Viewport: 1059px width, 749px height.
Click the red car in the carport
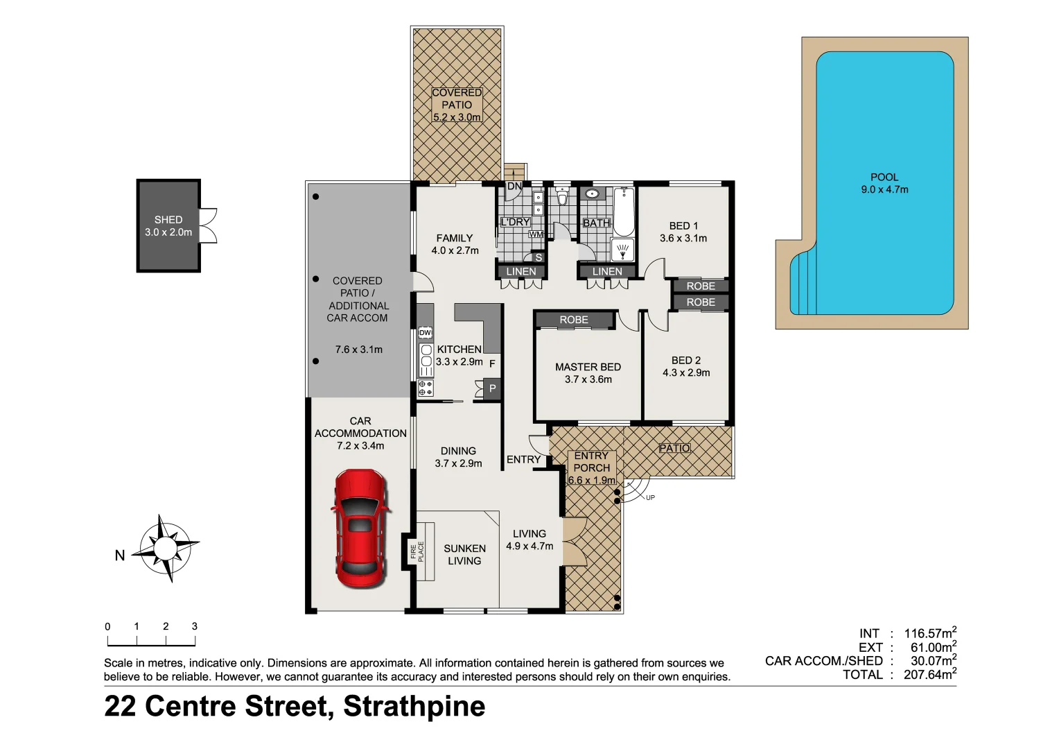click(359, 528)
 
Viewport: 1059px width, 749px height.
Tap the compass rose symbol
click(165, 548)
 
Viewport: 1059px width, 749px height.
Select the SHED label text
click(168, 220)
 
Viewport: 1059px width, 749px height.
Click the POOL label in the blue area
click(884, 177)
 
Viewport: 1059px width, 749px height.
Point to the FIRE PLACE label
click(417, 551)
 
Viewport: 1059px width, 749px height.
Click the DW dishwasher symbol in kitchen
click(425, 334)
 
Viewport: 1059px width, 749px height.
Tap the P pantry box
click(492, 388)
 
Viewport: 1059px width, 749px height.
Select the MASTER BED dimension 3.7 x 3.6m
click(588, 379)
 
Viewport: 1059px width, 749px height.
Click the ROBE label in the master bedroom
click(574, 320)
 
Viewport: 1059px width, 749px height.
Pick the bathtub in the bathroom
click(624, 212)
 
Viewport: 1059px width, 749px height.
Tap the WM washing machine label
click(536, 234)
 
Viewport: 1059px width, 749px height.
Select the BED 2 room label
click(685, 360)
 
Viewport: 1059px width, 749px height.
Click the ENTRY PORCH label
click(591, 462)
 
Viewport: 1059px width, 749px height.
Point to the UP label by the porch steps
click(649, 497)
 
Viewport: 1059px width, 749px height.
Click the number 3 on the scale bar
click(195, 626)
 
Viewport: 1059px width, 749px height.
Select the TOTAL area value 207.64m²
click(930, 674)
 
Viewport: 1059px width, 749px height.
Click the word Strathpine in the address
click(414, 706)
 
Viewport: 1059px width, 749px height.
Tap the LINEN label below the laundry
click(520, 271)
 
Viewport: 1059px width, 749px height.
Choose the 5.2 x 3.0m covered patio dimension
click(457, 117)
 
